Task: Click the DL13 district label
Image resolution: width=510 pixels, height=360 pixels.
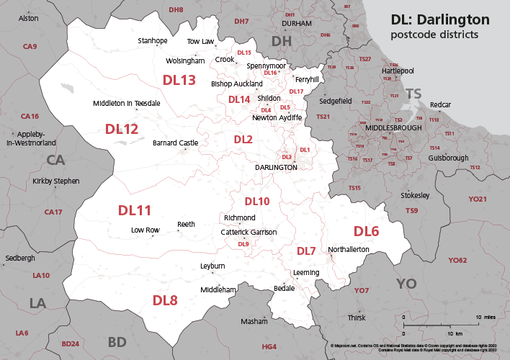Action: click(179, 81)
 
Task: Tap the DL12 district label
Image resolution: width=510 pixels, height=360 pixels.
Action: click(122, 130)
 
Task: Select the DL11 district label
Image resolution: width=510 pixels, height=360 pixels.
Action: click(135, 210)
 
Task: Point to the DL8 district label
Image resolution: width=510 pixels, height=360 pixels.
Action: click(165, 300)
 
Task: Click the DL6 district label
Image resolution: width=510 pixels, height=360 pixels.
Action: click(366, 231)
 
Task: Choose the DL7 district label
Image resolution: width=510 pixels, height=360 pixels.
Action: click(306, 251)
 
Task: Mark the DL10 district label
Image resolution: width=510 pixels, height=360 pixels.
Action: click(256, 201)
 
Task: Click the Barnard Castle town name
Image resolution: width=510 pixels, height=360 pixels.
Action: click(175, 143)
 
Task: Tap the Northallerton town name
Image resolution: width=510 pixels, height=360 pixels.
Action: click(349, 250)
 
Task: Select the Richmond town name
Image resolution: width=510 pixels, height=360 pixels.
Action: click(240, 217)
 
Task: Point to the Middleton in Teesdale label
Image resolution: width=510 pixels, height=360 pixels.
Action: click(127, 104)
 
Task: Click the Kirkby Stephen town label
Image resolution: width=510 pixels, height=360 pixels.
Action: click(56, 181)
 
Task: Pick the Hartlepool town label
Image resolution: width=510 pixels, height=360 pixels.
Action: click(398, 71)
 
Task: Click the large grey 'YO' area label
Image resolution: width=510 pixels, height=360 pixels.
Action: click(406, 284)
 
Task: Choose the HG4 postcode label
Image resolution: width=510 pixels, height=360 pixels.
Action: click(269, 347)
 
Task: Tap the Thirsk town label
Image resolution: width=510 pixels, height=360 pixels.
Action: click(357, 318)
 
